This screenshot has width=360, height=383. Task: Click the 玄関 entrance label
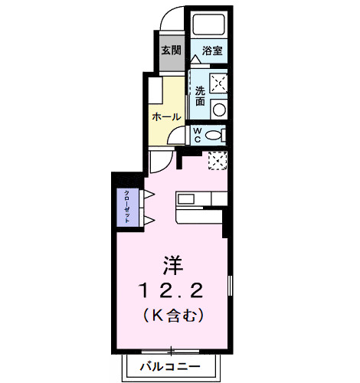pos(171,51)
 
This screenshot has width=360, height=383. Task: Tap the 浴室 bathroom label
pos(212,51)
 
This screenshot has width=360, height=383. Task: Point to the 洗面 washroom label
pos(200,96)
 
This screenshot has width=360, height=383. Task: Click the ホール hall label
pos(167,117)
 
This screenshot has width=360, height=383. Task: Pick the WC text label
pos(198,136)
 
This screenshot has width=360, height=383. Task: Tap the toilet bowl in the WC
pos(215,136)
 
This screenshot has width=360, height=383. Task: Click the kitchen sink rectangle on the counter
pos(188,199)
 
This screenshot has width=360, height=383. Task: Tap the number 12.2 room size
pos(171,290)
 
